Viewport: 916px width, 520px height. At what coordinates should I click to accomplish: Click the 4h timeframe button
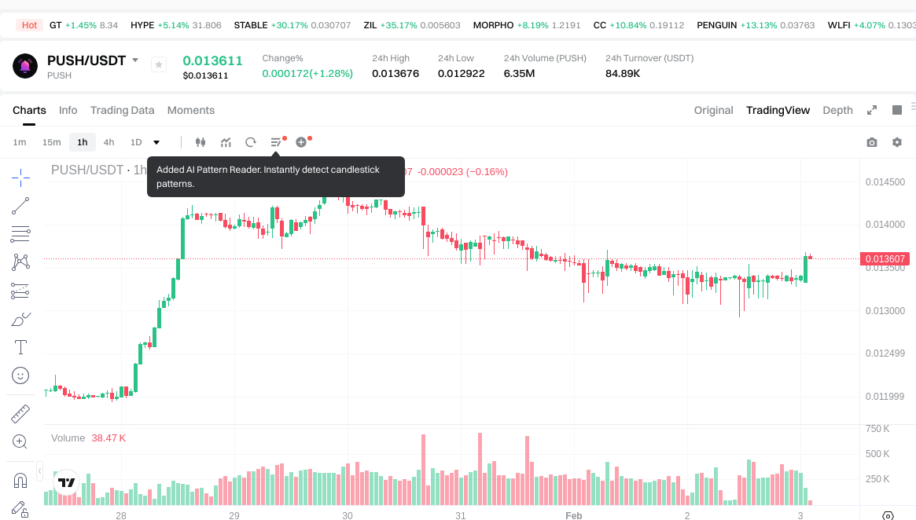(x=109, y=142)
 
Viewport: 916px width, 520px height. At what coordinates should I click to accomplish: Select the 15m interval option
(x=51, y=142)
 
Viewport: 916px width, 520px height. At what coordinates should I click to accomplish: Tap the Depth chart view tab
(x=837, y=110)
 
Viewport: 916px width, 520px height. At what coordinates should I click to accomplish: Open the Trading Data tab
(x=122, y=110)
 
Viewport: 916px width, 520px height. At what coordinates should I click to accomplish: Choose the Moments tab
(x=191, y=110)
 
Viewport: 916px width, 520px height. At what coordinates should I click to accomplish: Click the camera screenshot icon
(x=871, y=142)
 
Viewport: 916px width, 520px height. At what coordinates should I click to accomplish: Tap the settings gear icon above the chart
(x=896, y=142)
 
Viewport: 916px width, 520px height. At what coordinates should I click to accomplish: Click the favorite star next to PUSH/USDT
(x=158, y=65)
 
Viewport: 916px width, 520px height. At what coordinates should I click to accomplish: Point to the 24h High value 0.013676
(x=395, y=74)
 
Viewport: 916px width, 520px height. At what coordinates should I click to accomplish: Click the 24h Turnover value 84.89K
(x=623, y=74)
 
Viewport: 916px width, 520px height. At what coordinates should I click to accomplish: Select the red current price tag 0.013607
(x=886, y=258)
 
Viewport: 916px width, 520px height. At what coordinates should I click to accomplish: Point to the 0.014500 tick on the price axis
(x=885, y=182)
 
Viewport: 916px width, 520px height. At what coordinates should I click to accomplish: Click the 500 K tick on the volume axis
(x=877, y=454)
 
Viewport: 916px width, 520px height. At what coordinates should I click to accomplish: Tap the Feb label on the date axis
(x=574, y=515)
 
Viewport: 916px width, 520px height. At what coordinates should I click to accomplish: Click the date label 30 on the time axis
(x=348, y=515)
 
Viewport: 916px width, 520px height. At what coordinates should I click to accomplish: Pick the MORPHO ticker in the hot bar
(x=493, y=25)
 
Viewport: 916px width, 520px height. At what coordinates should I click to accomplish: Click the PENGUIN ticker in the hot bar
(x=716, y=25)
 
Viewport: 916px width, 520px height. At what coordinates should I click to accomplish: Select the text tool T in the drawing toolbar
(x=20, y=346)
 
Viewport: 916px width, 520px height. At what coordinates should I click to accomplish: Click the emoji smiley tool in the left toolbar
(x=20, y=375)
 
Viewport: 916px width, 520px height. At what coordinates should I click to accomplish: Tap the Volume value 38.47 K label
(x=109, y=438)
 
